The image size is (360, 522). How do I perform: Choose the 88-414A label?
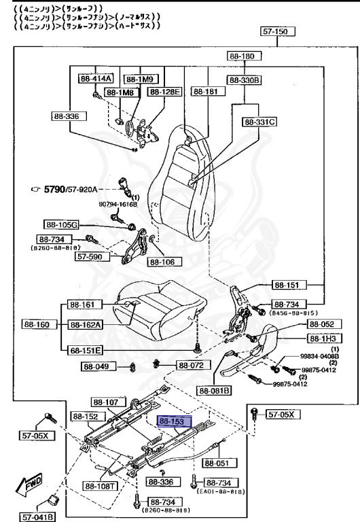pyautogui.click(x=94, y=78)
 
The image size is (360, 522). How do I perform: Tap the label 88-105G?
pyautogui.click(x=62, y=224)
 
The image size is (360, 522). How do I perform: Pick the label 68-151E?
pyautogui.click(x=85, y=350)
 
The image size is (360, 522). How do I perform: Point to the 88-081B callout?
pyautogui.click(x=215, y=391)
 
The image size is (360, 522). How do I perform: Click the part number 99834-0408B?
pyautogui.click(x=320, y=355)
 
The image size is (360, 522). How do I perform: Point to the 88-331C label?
pyautogui.click(x=259, y=122)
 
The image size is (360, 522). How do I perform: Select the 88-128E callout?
pyautogui.click(x=166, y=91)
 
